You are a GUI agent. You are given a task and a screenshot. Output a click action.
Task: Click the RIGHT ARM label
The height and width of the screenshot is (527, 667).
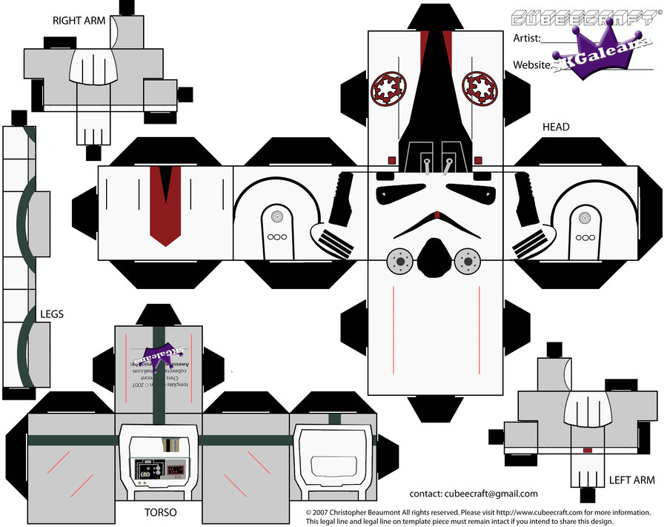(79, 21)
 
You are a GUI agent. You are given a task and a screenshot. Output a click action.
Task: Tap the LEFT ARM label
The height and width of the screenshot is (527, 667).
(631, 480)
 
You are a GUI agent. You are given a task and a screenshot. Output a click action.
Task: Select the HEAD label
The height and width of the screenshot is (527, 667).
(556, 127)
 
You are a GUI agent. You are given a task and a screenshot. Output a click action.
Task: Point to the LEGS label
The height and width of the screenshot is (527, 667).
(51, 314)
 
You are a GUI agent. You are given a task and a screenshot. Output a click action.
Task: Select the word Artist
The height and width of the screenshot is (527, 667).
(527, 38)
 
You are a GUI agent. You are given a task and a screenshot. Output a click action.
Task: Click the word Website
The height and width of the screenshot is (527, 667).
(532, 65)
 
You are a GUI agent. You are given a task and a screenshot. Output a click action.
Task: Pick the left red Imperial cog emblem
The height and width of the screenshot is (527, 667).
(387, 87)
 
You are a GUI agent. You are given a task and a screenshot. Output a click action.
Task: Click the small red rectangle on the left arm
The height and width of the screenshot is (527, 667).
(587, 450)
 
